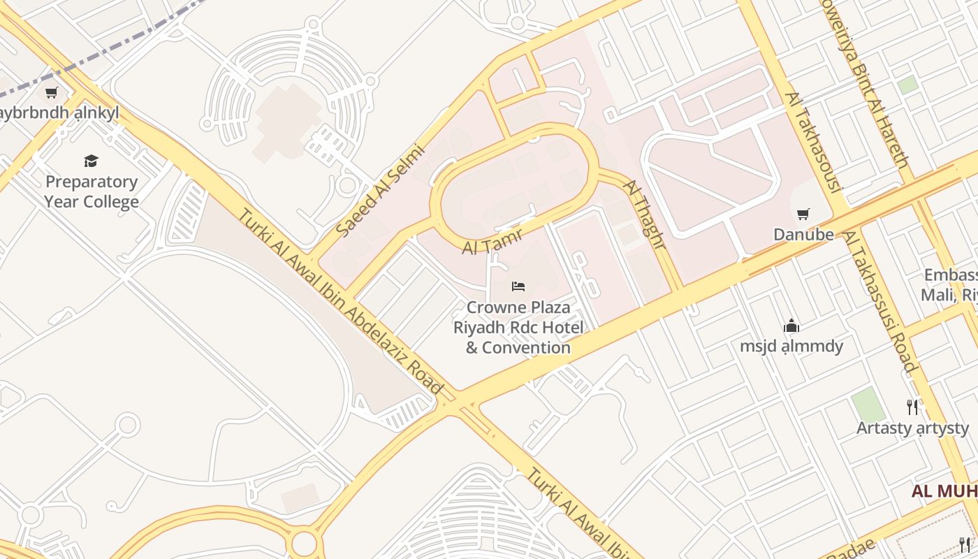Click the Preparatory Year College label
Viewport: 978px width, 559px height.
click(x=92, y=192)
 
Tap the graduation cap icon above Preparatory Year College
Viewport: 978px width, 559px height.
click(x=92, y=161)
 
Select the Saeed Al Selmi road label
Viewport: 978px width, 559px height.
click(x=380, y=189)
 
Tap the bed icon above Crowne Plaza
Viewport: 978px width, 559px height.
click(x=518, y=286)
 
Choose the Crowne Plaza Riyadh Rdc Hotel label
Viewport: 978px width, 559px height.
click(x=518, y=327)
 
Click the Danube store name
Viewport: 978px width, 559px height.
click(x=803, y=235)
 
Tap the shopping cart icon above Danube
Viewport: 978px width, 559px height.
click(x=803, y=214)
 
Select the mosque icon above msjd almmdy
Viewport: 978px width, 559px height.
click(x=791, y=326)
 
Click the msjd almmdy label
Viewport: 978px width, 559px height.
click(x=791, y=346)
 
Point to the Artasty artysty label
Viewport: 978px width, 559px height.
click(x=912, y=428)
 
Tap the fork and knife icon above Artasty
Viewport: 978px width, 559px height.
click(x=912, y=407)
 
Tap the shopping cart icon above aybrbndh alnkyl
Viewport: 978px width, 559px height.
click(x=51, y=92)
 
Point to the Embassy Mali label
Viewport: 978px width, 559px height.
click(x=950, y=285)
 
